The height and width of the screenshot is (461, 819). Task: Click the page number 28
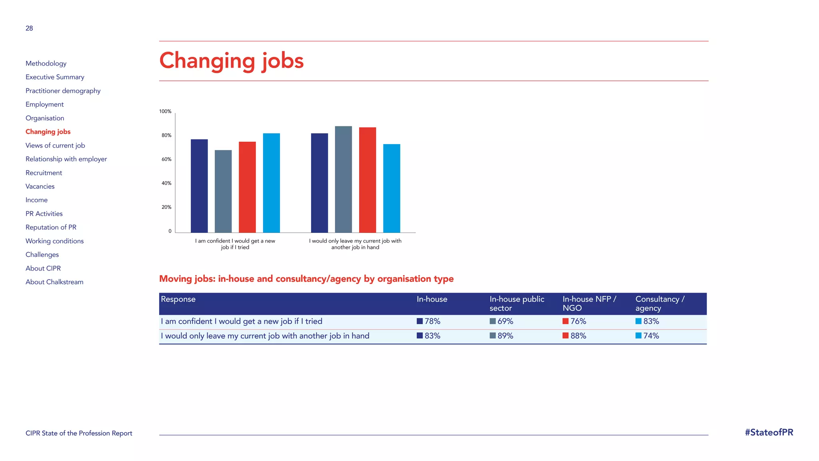click(29, 28)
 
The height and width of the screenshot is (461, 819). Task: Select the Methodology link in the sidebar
click(46, 64)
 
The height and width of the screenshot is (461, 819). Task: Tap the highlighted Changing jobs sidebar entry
click(48, 132)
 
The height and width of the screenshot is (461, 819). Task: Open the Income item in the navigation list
click(36, 200)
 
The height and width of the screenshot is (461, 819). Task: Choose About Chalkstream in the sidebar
click(54, 282)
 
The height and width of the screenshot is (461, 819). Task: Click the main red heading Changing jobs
click(231, 61)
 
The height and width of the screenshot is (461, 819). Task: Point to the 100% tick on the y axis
click(165, 112)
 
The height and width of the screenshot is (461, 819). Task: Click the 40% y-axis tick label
click(166, 183)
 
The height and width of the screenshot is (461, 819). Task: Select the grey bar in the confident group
click(223, 191)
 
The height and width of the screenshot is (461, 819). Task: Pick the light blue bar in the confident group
click(271, 183)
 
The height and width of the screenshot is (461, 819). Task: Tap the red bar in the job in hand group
click(368, 180)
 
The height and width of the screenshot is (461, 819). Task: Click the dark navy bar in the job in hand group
click(320, 183)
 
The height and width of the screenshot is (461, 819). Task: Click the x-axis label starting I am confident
click(235, 244)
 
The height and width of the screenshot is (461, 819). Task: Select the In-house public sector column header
click(517, 304)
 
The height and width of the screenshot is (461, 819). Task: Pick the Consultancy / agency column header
click(660, 304)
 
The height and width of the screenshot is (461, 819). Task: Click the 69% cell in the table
click(505, 321)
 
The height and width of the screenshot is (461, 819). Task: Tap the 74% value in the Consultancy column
click(651, 336)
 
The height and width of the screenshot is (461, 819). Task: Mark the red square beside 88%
click(565, 336)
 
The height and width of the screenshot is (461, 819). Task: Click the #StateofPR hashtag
click(769, 433)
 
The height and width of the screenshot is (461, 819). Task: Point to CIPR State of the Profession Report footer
click(79, 433)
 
